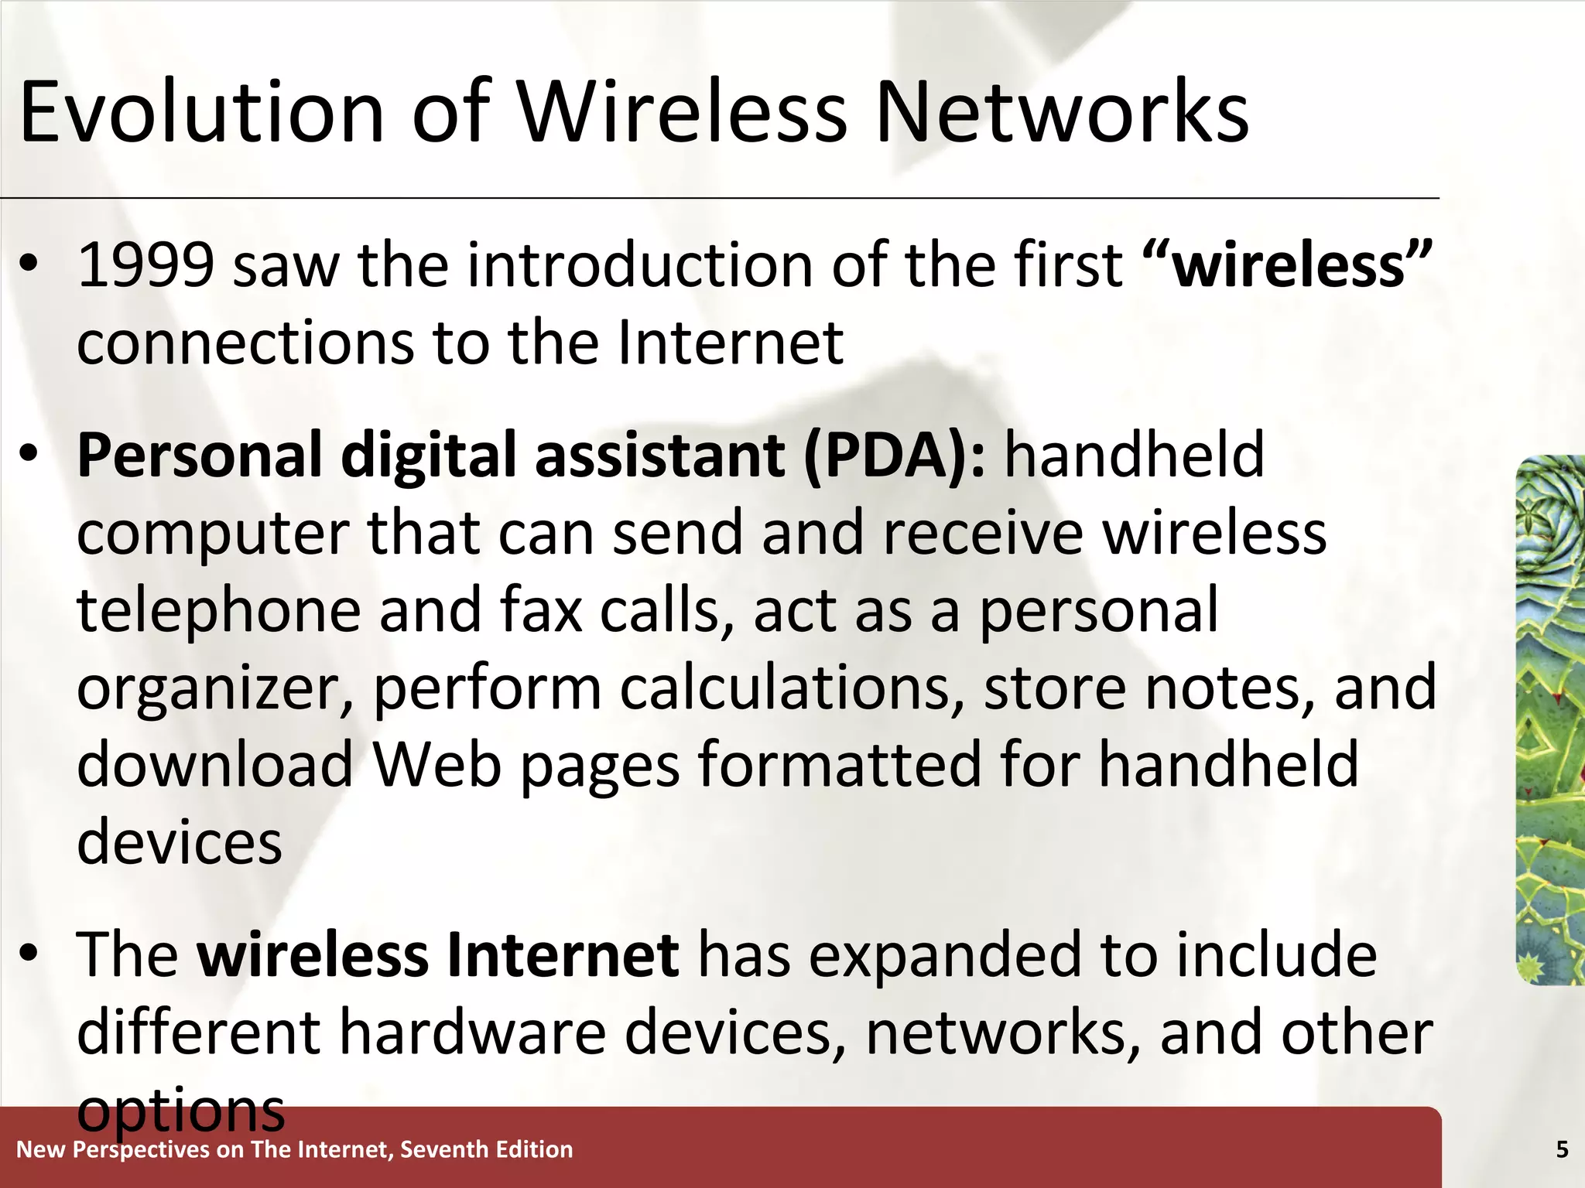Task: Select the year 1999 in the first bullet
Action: coord(145,265)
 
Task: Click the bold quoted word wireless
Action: coord(1288,265)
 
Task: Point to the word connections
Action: coord(245,343)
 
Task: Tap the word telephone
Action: coord(218,611)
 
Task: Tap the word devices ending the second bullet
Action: coord(180,841)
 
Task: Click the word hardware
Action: coord(472,1032)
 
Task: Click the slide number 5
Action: coord(1562,1150)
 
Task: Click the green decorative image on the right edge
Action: coord(1550,719)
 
